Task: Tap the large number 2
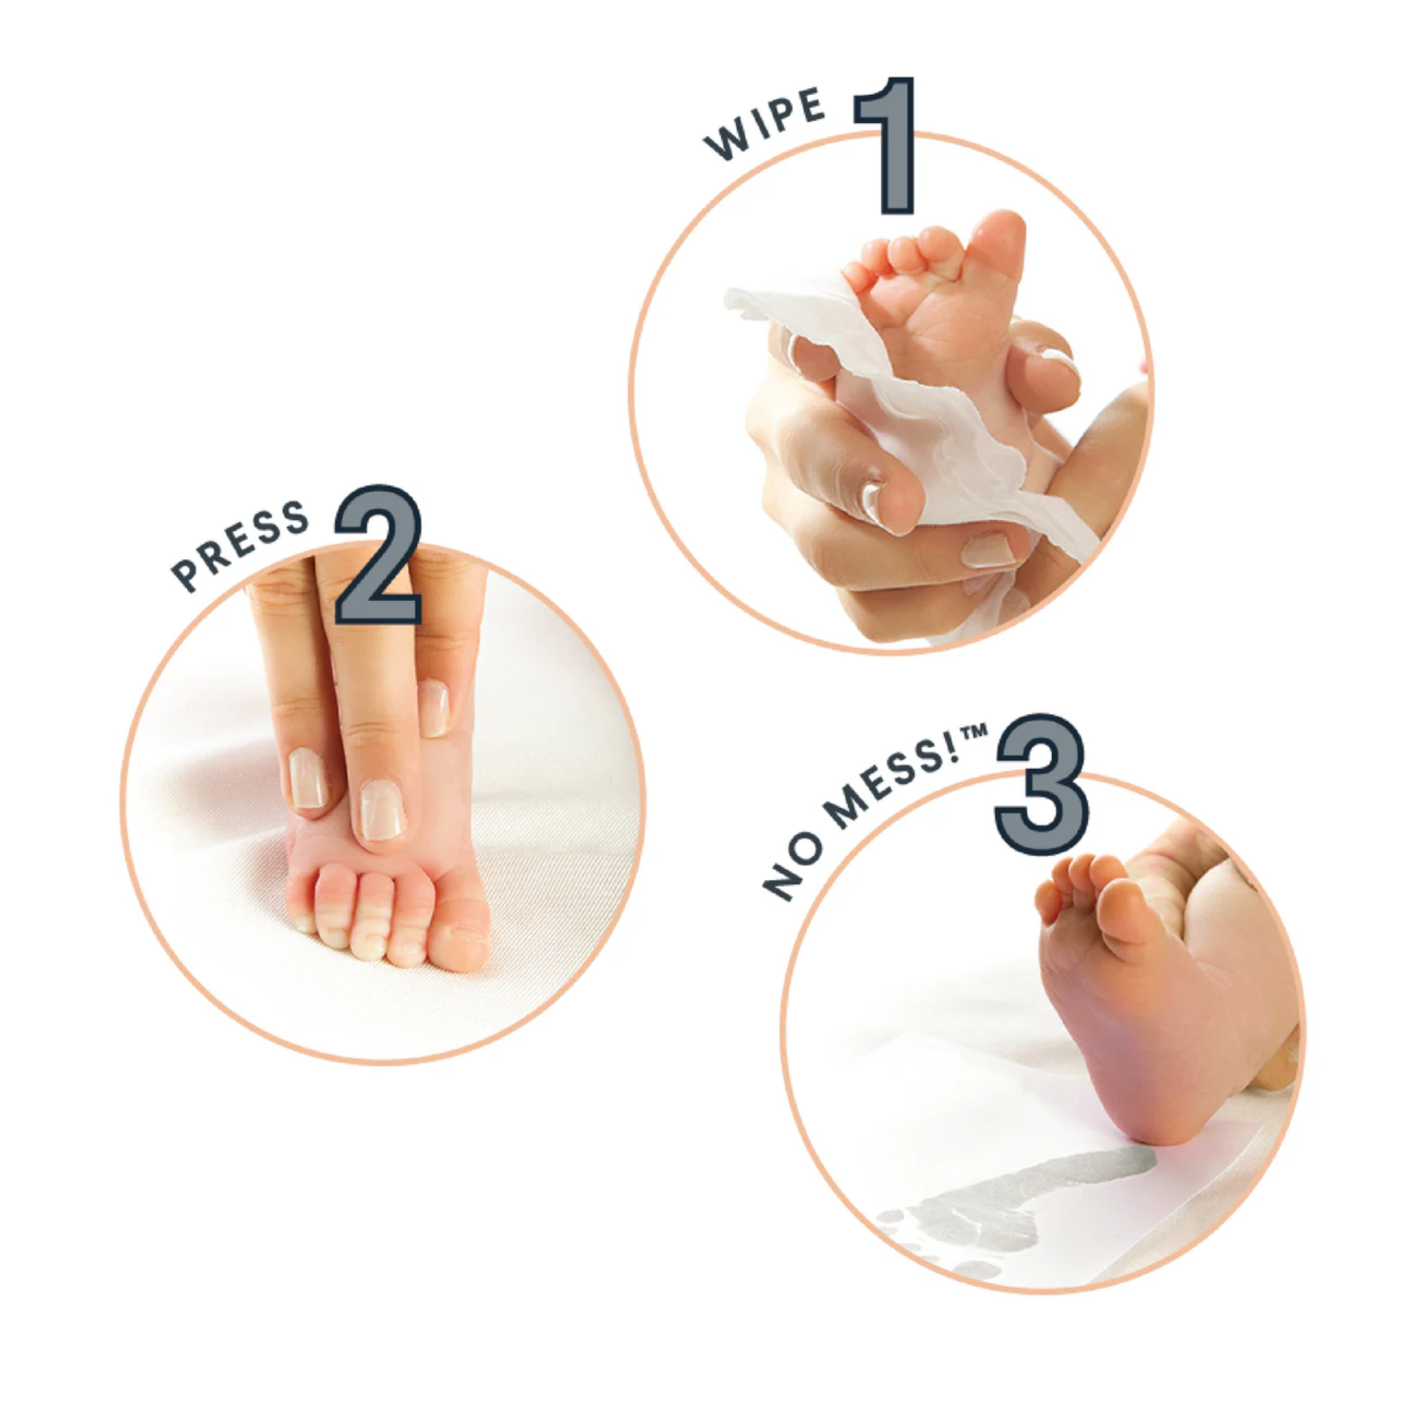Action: point(378,555)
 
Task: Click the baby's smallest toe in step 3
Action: point(1048,902)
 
